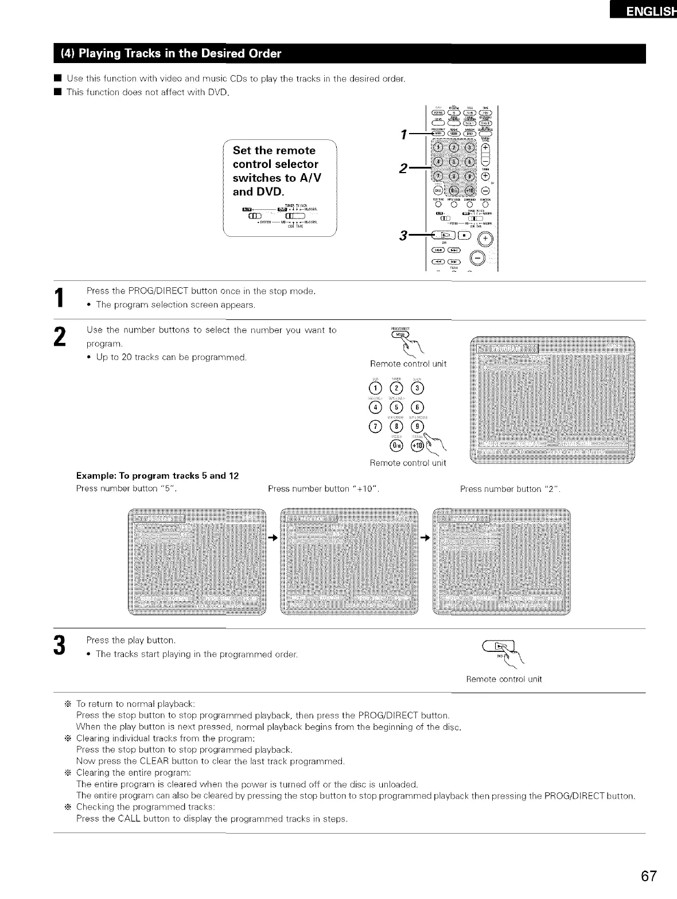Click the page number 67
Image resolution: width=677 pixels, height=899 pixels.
pos(649,877)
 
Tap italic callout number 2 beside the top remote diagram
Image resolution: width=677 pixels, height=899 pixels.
pos(404,169)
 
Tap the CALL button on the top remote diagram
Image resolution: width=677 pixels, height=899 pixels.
pos(439,191)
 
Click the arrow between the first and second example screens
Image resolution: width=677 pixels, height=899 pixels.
pos(273,538)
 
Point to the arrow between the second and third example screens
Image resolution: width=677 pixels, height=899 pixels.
pos(425,538)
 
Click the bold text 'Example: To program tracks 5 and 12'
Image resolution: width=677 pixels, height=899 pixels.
pos(157,476)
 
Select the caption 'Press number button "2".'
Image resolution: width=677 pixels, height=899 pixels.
pos(510,489)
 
